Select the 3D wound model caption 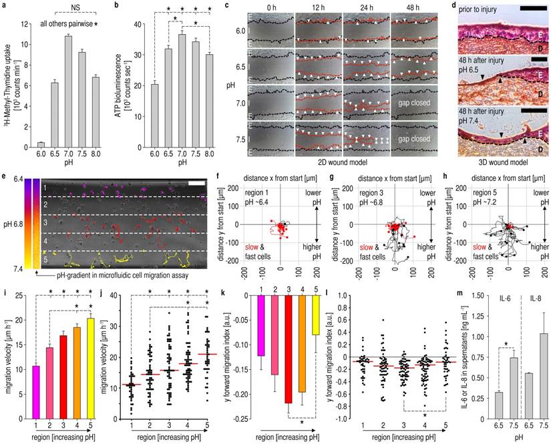click(x=498, y=161)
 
